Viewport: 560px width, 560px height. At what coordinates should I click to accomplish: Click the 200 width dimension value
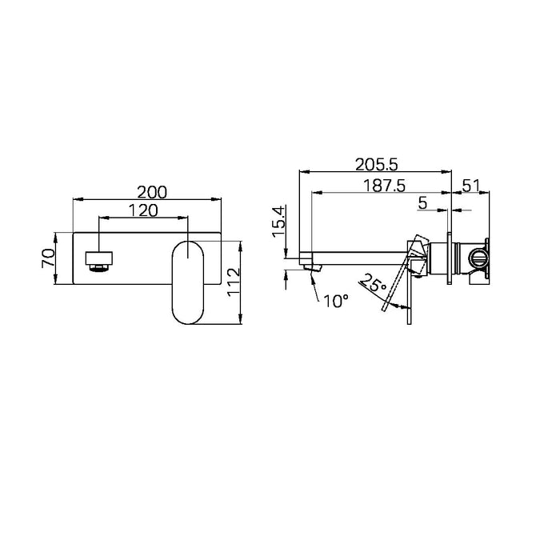[x=151, y=192]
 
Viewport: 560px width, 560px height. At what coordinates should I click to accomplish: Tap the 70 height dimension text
[x=47, y=258]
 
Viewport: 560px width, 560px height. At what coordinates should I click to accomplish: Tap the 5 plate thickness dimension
[x=422, y=203]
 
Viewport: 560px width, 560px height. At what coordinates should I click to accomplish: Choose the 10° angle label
[x=337, y=302]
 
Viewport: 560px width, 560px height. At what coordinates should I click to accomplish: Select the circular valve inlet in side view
[x=477, y=258]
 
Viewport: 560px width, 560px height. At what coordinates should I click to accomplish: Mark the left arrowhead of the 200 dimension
[x=77, y=200]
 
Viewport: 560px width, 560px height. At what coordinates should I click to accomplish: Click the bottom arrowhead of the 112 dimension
[x=241, y=321]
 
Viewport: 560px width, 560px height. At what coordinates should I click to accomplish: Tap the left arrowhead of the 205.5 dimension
[x=302, y=171]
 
